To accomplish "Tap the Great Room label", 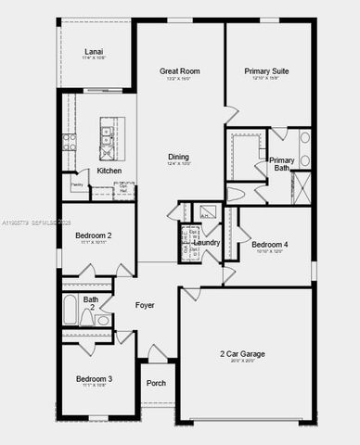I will pyautogui.click(x=180, y=71).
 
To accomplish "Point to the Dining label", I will pyautogui.click(x=178, y=157).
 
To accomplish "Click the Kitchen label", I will pyautogui.click(x=109, y=171).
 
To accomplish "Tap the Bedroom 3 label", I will pyautogui.click(x=94, y=379).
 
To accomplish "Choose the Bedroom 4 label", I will pyautogui.click(x=273, y=244).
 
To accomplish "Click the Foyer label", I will pyautogui.click(x=145, y=305).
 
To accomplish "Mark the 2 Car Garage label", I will pyautogui.click(x=243, y=355).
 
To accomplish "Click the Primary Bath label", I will pyautogui.click(x=282, y=164).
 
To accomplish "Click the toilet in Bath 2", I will pyautogui.click(x=86, y=318).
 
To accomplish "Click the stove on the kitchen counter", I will pyautogui.click(x=69, y=141).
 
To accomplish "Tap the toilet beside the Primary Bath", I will pyautogui.click(x=236, y=195).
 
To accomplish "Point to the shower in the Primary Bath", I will pyautogui.click(x=301, y=188).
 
